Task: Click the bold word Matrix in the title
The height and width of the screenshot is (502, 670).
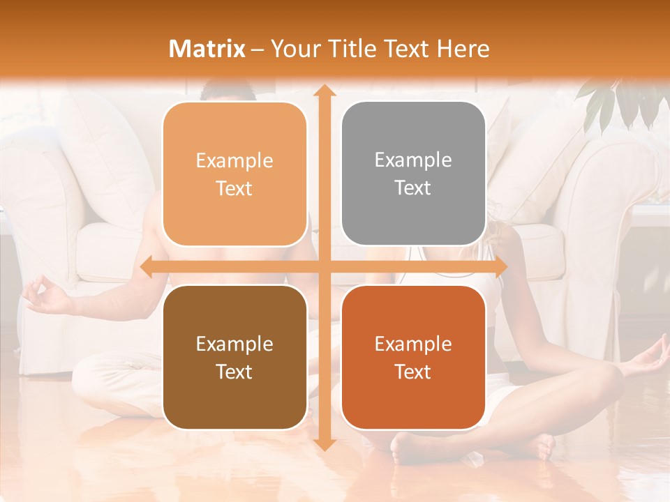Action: [x=207, y=49]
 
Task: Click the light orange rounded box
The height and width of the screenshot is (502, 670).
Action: [x=234, y=174]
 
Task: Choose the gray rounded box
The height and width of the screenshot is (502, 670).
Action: [x=413, y=174]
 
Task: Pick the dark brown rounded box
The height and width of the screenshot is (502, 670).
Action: [x=234, y=357]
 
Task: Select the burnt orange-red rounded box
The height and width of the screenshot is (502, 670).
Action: [x=413, y=357]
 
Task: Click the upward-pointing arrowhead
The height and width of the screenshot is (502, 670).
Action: [x=323, y=91]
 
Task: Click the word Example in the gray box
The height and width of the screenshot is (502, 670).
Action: [x=413, y=160]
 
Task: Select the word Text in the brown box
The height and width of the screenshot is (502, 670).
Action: [x=234, y=372]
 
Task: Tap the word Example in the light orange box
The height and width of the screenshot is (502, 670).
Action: [x=234, y=161]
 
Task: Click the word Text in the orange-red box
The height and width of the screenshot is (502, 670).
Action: [x=413, y=372]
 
